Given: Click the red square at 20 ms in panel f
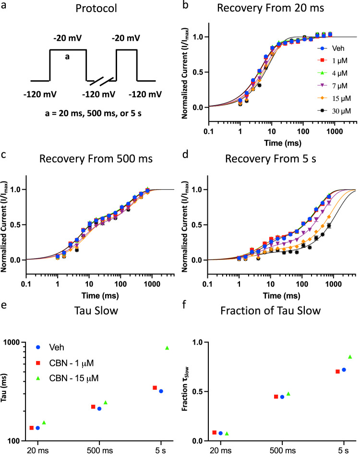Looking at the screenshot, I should pyautogui.click(x=214, y=432).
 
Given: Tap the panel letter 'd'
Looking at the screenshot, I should pyautogui.click(x=186, y=155).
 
